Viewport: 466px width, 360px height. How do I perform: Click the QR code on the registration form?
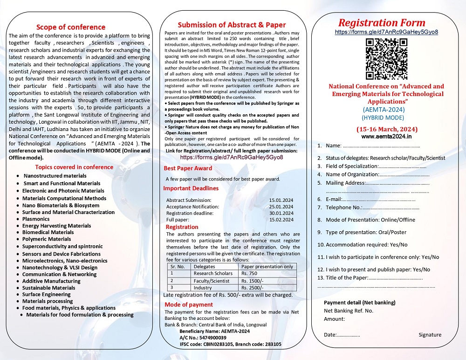tap(386, 58)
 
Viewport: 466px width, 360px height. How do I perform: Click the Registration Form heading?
tap(382, 23)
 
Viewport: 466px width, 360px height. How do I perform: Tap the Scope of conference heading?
tap(71, 27)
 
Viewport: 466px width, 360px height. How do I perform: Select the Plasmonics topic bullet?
tap(36, 219)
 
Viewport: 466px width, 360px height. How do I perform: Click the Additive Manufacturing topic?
tap(51, 281)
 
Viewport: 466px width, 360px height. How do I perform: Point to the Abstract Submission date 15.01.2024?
tap(281, 200)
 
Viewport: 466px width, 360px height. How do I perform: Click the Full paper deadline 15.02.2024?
tap(281, 220)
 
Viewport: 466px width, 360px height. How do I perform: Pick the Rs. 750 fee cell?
tap(249, 274)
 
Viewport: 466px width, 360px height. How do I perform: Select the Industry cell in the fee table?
tap(203, 288)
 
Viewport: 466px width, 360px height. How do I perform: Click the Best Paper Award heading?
tap(188, 168)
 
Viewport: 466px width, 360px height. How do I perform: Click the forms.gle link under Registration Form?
tap(386, 32)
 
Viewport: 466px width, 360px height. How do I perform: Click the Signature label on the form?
tap(430, 335)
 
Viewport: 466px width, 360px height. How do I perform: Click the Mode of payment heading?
tap(189, 305)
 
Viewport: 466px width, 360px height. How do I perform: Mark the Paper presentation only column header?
tap(267, 267)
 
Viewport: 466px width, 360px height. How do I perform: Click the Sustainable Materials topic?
tap(49, 288)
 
